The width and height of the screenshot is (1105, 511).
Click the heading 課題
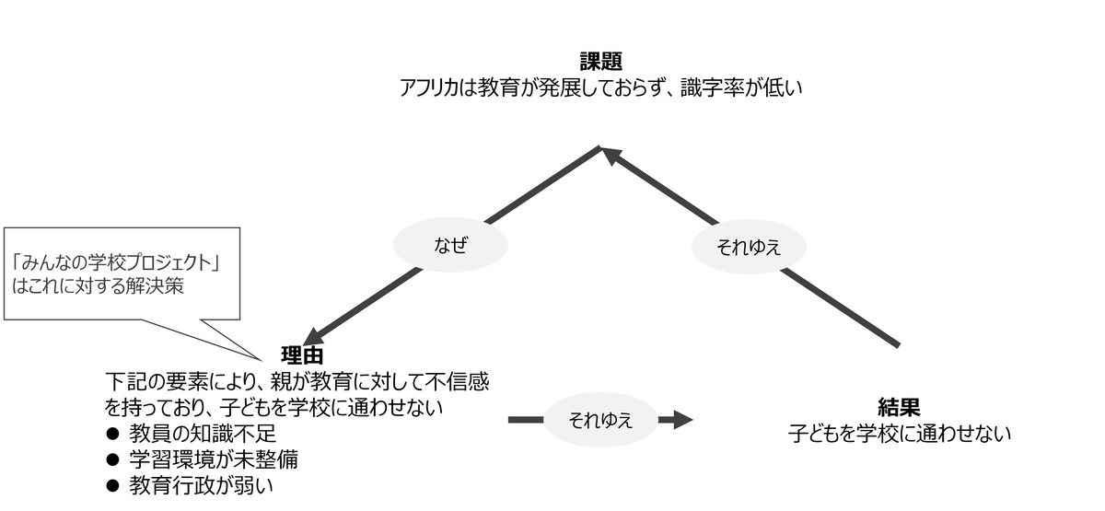(600, 62)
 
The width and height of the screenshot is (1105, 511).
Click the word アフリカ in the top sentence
(429, 87)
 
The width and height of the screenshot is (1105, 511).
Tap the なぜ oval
(450, 245)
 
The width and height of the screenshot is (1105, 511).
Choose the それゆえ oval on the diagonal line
(749, 247)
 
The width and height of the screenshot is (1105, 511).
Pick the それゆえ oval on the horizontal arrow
(600, 420)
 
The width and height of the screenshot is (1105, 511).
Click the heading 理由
(302, 355)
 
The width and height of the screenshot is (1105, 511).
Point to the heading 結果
(899, 407)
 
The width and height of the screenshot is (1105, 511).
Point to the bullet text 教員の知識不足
(203, 434)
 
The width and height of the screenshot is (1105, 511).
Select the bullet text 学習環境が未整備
(214, 459)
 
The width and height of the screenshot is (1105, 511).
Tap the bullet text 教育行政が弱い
(201, 486)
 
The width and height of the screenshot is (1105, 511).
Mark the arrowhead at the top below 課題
(611, 155)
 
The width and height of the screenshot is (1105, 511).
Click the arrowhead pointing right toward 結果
(683, 420)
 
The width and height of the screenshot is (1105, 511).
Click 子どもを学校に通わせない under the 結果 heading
(899, 434)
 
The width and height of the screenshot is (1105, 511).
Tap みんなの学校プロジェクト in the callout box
(116, 263)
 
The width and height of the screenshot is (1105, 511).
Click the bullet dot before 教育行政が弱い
(112, 486)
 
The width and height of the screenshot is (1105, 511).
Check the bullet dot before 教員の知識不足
(112, 434)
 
